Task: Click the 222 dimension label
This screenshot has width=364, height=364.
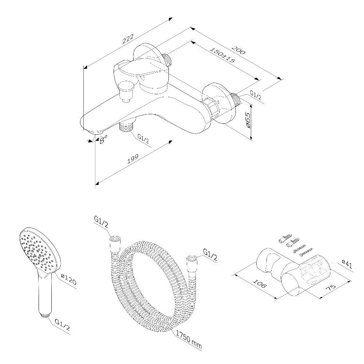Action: click(x=128, y=39)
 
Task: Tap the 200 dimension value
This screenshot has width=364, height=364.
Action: click(x=238, y=50)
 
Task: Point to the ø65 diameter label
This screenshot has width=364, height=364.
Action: click(x=248, y=120)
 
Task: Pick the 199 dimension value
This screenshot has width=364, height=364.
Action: click(x=133, y=159)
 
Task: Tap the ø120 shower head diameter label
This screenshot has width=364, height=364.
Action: click(x=68, y=279)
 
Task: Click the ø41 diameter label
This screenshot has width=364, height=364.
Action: click(x=347, y=265)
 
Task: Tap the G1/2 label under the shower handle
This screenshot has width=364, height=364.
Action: click(x=62, y=325)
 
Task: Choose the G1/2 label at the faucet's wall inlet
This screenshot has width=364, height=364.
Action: click(x=256, y=95)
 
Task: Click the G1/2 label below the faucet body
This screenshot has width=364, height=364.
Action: click(x=143, y=139)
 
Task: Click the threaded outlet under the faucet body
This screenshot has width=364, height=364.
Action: click(x=127, y=126)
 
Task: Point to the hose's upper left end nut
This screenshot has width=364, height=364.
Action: click(x=114, y=240)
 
